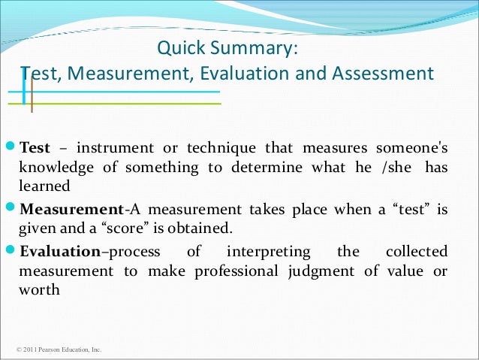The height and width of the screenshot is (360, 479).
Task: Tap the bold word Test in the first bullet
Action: point(35,147)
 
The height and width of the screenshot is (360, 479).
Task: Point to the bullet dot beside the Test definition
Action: point(10,147)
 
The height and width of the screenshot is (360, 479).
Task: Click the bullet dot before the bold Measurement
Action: point(10,210)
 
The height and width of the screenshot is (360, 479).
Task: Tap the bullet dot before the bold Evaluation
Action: point(10,252)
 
